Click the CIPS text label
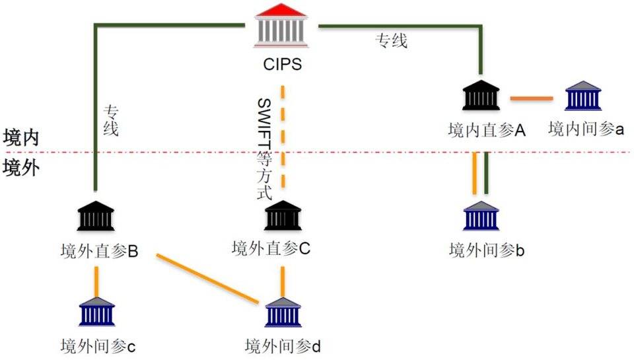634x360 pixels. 282,65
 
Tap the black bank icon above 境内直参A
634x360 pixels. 481,96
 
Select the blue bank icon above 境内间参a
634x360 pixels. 583,96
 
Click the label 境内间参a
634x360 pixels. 586,129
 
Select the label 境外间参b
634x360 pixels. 487,250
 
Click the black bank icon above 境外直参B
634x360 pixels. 96,216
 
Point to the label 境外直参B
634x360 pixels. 98,251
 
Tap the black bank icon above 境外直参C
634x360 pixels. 283,216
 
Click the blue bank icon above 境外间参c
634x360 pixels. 96,312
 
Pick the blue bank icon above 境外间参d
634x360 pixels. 283,312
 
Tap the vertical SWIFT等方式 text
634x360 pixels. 264,148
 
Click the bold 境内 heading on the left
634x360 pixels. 21,137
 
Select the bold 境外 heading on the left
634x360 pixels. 21,167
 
